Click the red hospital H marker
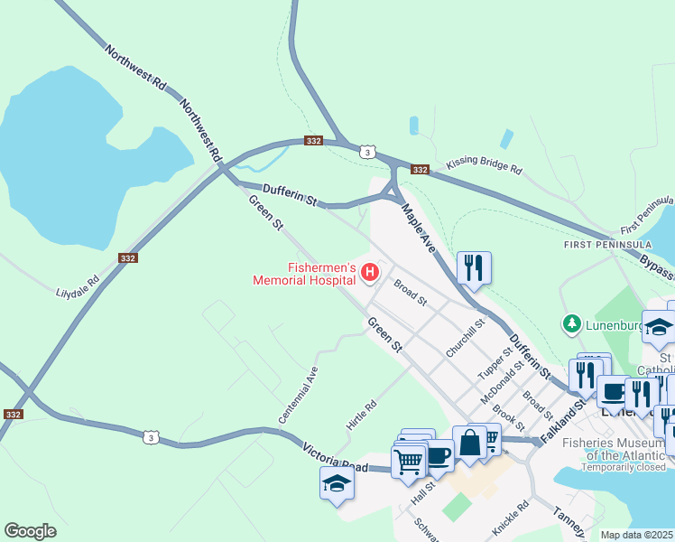point(369,271)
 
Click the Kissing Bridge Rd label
point(484,168)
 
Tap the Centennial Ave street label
point(299,395)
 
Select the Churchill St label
point(466,336)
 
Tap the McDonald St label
point(504,381)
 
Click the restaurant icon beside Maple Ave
point(474,267)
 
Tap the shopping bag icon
point(469,443)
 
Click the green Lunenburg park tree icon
point(570,322)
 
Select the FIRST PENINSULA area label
point(596,246)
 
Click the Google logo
point(30,531)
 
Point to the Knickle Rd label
point(511,518)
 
